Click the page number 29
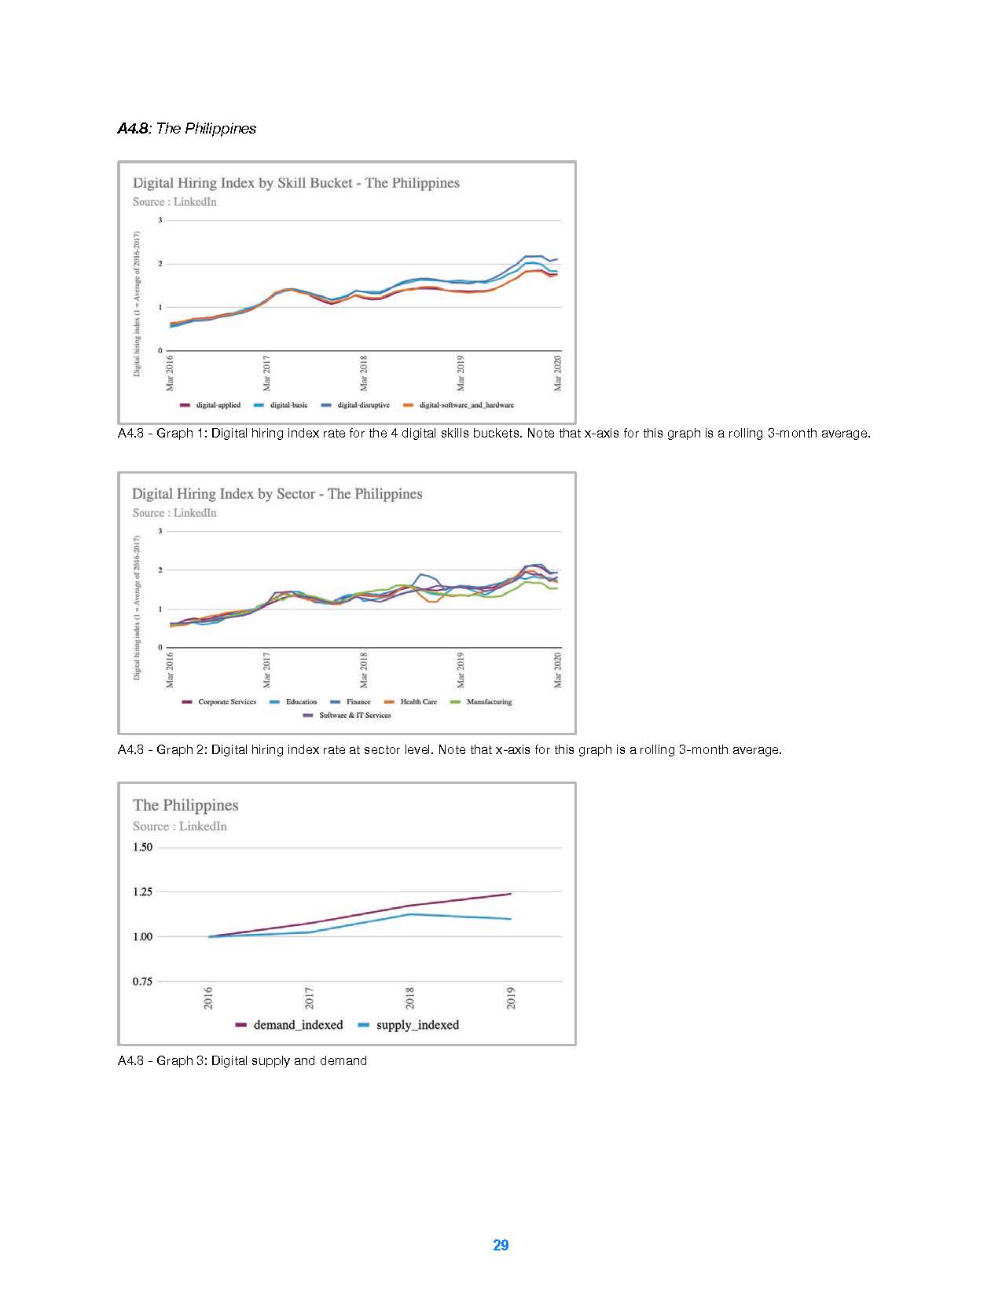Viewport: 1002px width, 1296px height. (501, 1245)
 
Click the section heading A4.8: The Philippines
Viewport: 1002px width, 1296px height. (187, 129)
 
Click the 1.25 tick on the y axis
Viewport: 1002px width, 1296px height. (142, 892)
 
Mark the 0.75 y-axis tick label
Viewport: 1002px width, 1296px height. (142, 982)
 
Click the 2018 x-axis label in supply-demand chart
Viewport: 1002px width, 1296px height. (409, 998)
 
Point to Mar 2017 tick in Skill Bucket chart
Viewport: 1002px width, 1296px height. (266, 373)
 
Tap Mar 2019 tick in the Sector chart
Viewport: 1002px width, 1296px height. (461, 670)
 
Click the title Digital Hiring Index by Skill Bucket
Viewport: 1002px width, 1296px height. (295, 183)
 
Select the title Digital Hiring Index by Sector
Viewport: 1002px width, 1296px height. (277, 494)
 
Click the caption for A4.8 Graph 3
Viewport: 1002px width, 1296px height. (242, 1061)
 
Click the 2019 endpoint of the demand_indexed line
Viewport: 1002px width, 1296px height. (511, 894)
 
